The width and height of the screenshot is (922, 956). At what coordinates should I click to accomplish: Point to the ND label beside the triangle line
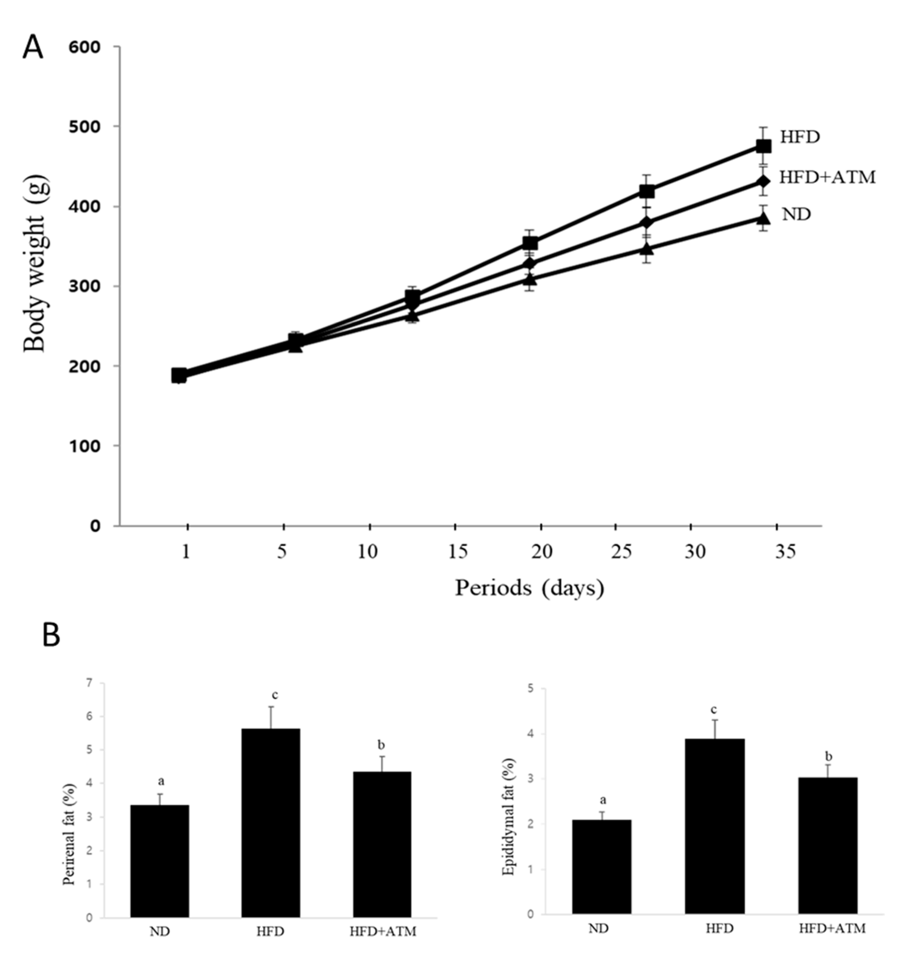click(796, 214)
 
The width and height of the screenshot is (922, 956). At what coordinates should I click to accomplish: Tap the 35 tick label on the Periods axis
click(785, 552)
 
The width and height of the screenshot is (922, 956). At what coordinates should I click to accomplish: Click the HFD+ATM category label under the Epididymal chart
click(832, 929)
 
